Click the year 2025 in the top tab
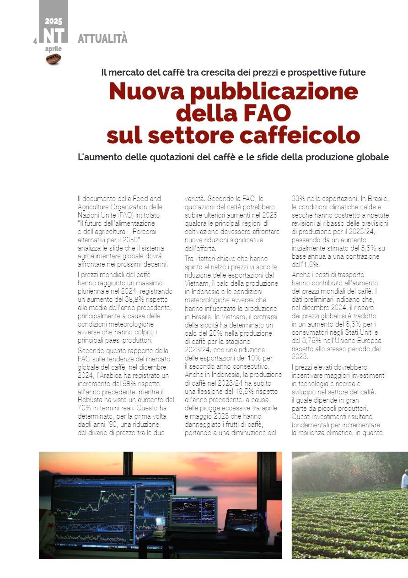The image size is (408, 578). (x=54, y=21)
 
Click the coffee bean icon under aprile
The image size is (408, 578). (x=54, y=59)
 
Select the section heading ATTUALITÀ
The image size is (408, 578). (x=102, y=39)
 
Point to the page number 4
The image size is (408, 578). (x=35, y=41)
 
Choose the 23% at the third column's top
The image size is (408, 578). (x=300, y=199)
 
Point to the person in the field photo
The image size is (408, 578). (x=404, y=479)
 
